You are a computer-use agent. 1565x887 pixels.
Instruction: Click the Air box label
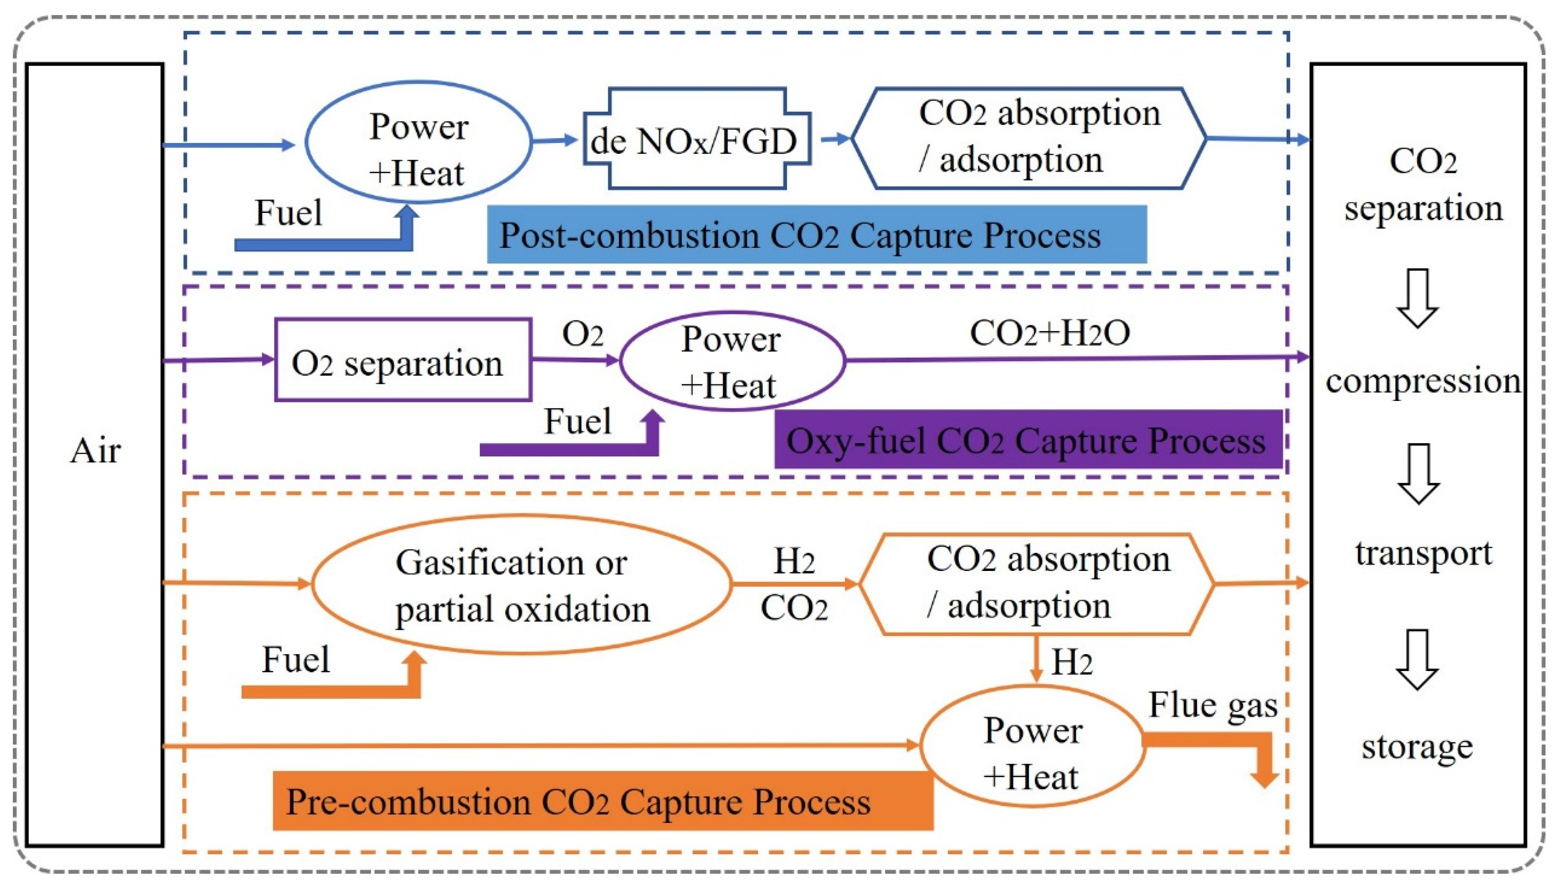pyautogui.click(x=96, y=451)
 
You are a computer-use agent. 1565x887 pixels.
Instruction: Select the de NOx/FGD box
pyautogui.click(x=697, y=139)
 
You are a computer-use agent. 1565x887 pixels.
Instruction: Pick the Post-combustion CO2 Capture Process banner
pyautogui.click(x=817, y=235)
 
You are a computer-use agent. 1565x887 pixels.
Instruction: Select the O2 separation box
pyautogui.click(x=403, y=359)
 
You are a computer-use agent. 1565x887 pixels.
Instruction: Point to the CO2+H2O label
pyautogui.click(x=1050, y=333)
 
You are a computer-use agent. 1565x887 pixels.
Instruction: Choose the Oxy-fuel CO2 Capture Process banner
pyautogui.click(x=1029, y=439)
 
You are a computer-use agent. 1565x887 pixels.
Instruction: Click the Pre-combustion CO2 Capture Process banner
pyautogui.click(x=603, y=801)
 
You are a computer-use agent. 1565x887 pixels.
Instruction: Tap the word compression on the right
pyautogui.click(x=1423, y=382)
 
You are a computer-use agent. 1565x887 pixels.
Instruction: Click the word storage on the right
pyautogui.click(x=1418, y=747)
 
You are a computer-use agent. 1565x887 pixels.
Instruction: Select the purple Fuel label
pyautogui.click(x=577, y=421)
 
